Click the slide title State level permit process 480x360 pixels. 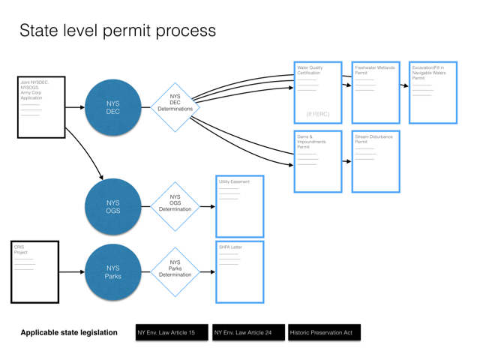pos(118,31)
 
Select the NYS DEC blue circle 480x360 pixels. pos(112,107)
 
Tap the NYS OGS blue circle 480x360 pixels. pos(112,206)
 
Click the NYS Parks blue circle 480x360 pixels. pos(112,271)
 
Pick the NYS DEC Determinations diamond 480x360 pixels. pos(175,107)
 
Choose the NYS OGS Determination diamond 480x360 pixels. pos(175,206)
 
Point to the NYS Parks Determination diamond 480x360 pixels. pos(175,271)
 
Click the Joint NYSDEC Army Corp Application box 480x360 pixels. pos(41,107)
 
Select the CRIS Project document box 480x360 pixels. pos(34,271)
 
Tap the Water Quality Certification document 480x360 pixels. pos(318,92)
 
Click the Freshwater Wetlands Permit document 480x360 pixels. pos(376,92)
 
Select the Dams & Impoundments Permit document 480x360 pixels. pos(318,161)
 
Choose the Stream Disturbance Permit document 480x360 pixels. pos(376,161)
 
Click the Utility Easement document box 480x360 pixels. pos(239,206)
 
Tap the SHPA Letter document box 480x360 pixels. pos(239,271)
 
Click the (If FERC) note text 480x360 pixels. pos(318,114)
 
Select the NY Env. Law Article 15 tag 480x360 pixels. pos(172,332)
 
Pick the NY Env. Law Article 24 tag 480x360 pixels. pos(248,332)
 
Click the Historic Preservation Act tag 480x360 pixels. pos(324,332)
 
